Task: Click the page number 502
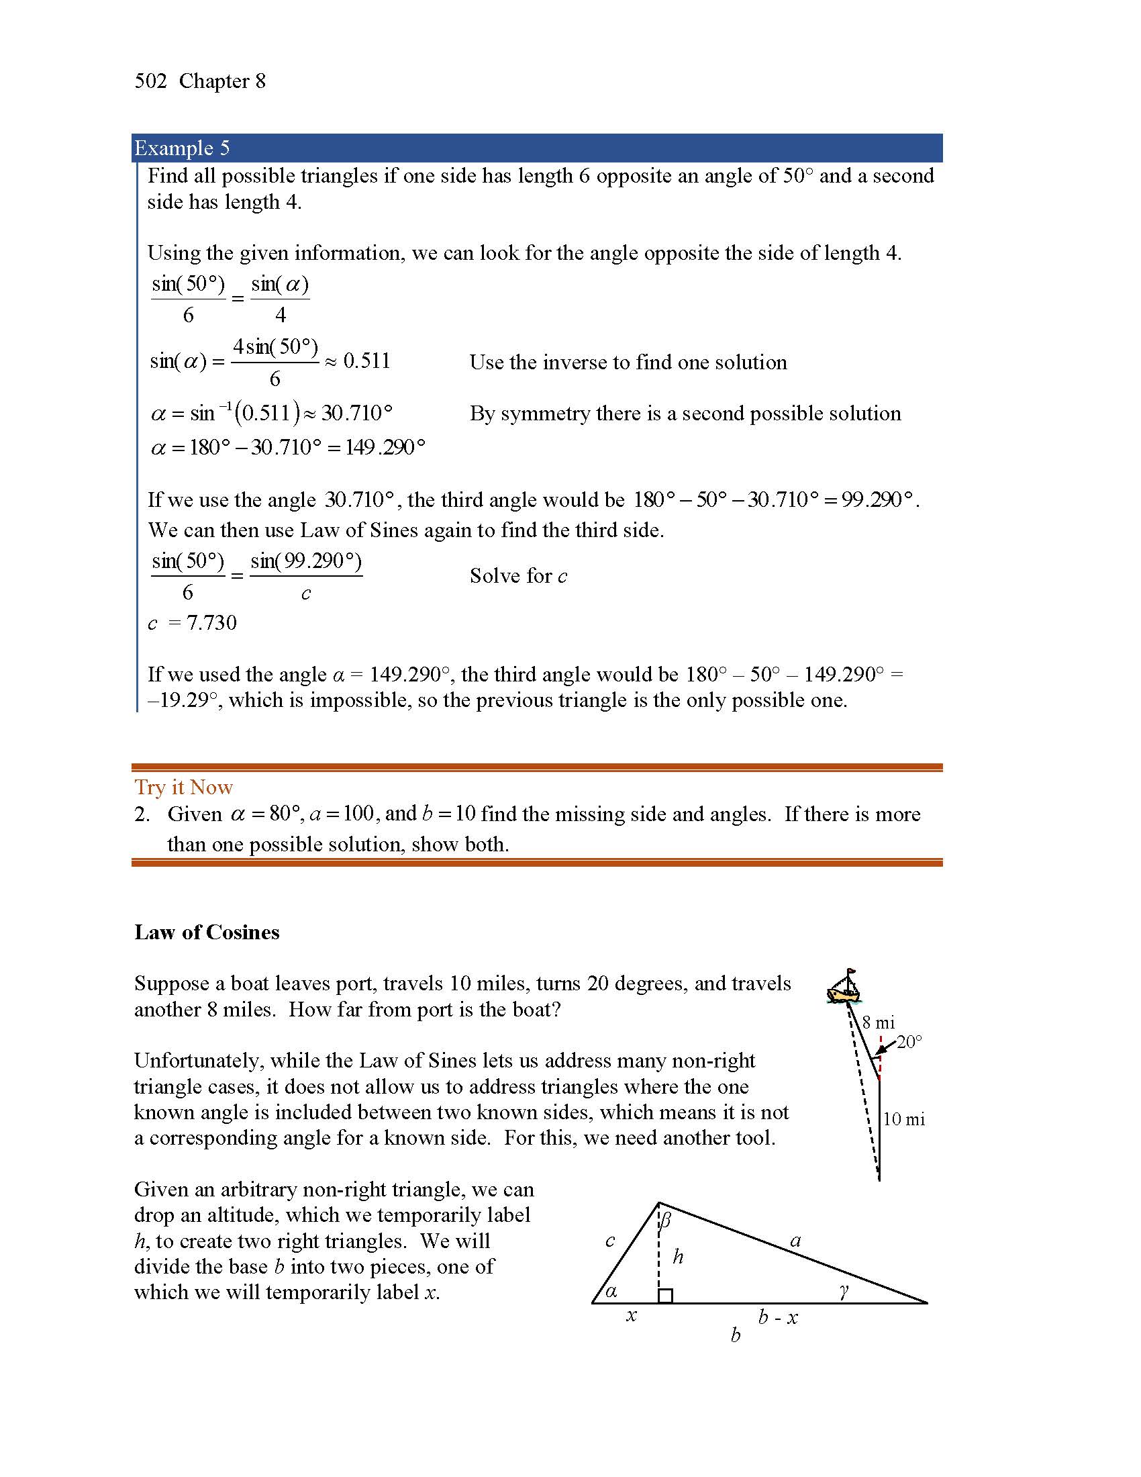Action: pyautogui.click(x=150, y=81)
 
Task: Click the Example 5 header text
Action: pyautogui.click(x=182, y=148)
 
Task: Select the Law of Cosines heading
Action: pyautogui.click(x=206, y=932)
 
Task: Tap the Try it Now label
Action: pyautogui.click(x=183, y=788)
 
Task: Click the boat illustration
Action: pyautogui.click(x=844, y=988)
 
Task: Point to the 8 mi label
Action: pyautogui.click(x=878, y=1023)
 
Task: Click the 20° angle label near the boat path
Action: pyautogui.click(x=909, y=1042)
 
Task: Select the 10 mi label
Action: pyautogui.click(x=904, y=1119)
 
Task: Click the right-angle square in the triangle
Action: pyautogui.click(x=665, y=1296)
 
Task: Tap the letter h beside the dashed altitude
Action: pyautogui.click(x=678, y=1257)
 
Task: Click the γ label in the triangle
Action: pyautogui.click(x=843, y=1292)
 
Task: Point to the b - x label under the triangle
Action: pyautogui.click(x=777, y=1317)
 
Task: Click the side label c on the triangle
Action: pyautogui.click(x=609, y=1241)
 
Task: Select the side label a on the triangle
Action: pyautogui.click(x=795, y=1241)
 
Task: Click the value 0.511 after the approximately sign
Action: pyautogui.click(x=366, y=361)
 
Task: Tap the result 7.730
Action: pyautogui.click(x=211, y=623)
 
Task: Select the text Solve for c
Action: pyautogui.click(x=517, y=576)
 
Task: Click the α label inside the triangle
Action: pyautogui.click(x=611, y=1292)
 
